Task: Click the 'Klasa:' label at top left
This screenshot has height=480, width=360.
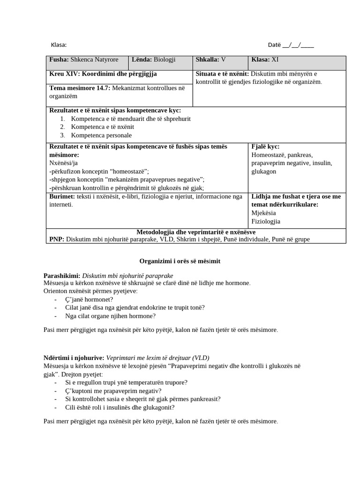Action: pyautogui.click(x=59, y=45)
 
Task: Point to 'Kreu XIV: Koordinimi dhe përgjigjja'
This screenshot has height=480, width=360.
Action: pyautogui.click(x=103, y=74)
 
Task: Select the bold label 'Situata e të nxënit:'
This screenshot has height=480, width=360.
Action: pyautogui.click(x=222, y=74)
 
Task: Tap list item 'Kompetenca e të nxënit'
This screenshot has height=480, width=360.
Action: pyautogui.click(x=103, y=127)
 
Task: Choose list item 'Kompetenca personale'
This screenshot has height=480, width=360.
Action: pyautogui.click(x=101, y=135)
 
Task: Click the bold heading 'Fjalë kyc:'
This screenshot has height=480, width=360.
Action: pyautogui.click(x=265, y=147)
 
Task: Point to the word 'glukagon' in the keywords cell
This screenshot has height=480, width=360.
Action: pyautogui.click(x=264, y=172)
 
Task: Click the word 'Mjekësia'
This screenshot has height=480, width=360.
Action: pyautogui.click(x=264, y=213)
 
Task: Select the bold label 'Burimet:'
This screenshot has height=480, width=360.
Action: pyautogui.click(x=62, y=196)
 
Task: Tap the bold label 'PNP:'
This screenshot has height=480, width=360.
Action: pyautogui.click(x=57, y=240)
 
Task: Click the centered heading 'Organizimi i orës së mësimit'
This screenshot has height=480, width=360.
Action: pyautogui.click(x=180, y=261)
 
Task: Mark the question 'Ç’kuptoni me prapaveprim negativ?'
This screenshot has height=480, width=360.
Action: pyautogui.click(x=113, y=391)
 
